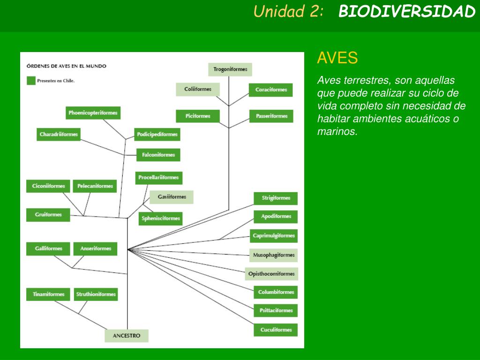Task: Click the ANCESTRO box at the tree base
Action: point(126,336)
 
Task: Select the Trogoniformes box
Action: point(230,69)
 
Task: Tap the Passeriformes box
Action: point(271,116)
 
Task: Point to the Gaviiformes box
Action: point(172,197)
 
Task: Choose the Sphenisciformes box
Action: point(160,218)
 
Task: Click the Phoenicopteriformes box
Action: point(93,112)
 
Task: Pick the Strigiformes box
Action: point(276,198)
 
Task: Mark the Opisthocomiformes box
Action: point(271,274)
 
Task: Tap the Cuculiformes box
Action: point(276,330)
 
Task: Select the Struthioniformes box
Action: point(96,294)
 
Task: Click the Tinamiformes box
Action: point(48,294)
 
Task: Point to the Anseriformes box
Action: point(95,248)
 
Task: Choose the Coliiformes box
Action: point(198,89)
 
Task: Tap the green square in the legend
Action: point(31,81)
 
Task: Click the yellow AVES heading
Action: point(337,58)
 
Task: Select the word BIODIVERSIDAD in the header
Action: point(407,12)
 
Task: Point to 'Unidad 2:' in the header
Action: point(289,12)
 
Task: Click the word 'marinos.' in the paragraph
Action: point(337,132)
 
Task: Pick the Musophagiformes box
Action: point(274,255)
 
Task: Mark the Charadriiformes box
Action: point(59,135)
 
